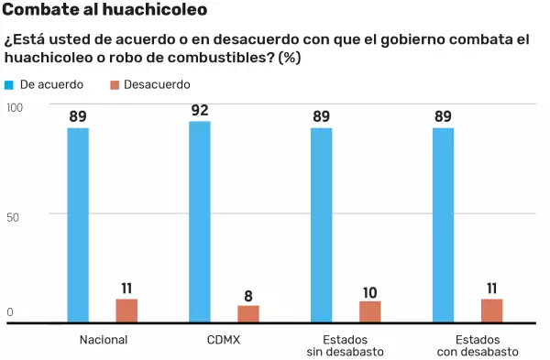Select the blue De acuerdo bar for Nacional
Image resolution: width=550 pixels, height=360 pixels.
click(78, 225)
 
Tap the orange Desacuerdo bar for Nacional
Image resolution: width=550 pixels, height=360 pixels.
click(126, 311)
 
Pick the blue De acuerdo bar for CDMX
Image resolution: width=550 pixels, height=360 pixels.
click(200, 222)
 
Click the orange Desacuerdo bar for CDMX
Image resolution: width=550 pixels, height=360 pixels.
click(248, 313)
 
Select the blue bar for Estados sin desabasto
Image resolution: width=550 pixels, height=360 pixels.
click(322, 225)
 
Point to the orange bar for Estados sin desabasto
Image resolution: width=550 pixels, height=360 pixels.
click(370, 311)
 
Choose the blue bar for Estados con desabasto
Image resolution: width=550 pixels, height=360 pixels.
click(443, 225)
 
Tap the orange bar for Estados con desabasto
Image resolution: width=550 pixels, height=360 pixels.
click(492, 311)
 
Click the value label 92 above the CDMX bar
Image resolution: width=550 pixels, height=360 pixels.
click(200, 111)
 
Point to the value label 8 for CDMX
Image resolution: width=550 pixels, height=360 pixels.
click(248, 295)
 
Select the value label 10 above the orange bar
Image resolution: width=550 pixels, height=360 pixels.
click(370, 292)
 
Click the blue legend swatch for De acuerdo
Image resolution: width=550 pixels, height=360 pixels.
click(9, 84)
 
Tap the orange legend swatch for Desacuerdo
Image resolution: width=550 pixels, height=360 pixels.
click(115, 84)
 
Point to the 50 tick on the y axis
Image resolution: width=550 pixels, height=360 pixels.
click(13, 215)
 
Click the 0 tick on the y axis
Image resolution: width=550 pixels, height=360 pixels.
click(10, 312)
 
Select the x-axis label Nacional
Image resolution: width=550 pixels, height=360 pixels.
click(103, 339)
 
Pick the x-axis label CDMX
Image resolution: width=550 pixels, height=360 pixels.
click(224, 339)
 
